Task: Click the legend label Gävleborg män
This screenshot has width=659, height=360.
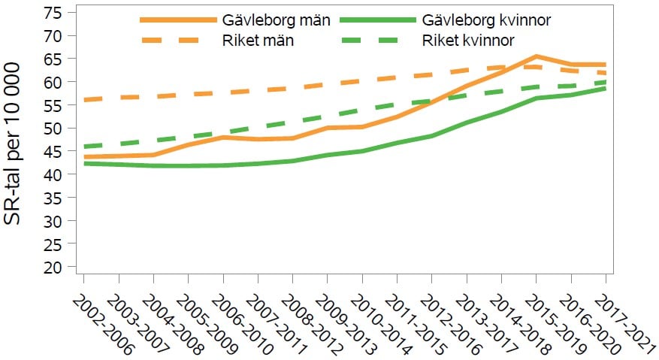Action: [277, 20]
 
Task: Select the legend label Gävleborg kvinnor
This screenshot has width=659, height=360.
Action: [487, 20]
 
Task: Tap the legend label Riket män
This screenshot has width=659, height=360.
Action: [258, 41]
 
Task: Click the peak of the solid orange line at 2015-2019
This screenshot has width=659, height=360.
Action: [536, 56]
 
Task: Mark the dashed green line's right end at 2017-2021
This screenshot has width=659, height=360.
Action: [606, 82]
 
